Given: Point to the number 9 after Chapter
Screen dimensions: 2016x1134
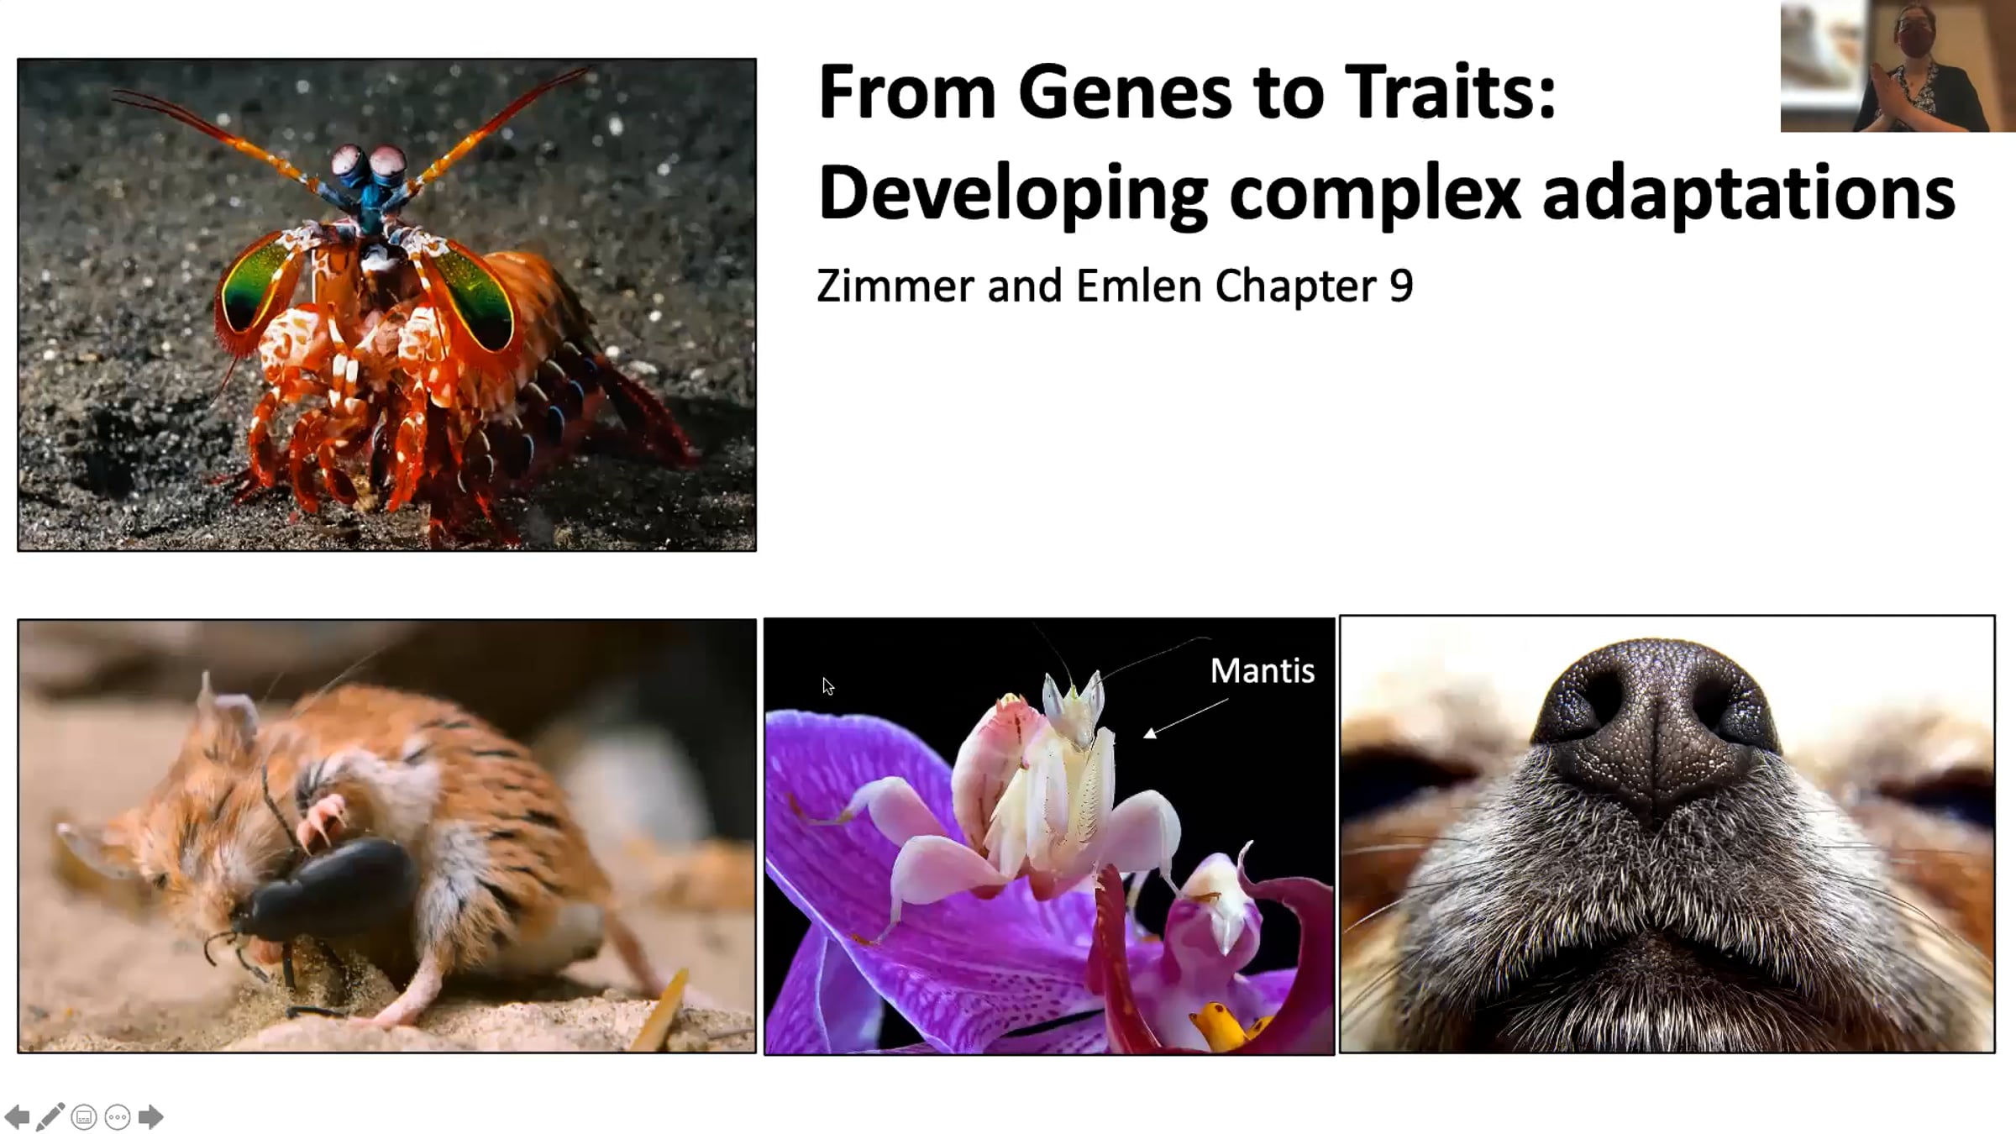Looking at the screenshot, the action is pos(1402,286).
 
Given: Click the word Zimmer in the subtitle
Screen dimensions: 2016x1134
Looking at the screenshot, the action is pos(895,286).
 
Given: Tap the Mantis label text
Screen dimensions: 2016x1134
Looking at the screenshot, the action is pos(1263,670).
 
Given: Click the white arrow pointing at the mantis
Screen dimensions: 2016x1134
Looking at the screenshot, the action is pos(1185,719).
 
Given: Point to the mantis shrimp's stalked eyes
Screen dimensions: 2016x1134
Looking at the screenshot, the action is pos(368,165).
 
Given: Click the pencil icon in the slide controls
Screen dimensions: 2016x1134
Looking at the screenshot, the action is pos(50,1117).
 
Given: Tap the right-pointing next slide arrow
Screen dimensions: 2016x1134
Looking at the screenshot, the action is pos(150,1117).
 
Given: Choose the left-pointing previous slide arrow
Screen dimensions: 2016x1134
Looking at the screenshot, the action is pos(17,1117).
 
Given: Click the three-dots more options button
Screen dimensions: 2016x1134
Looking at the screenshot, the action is pos(118,1117).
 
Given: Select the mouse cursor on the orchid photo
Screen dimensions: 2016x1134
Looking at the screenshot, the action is pos(828,686).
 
